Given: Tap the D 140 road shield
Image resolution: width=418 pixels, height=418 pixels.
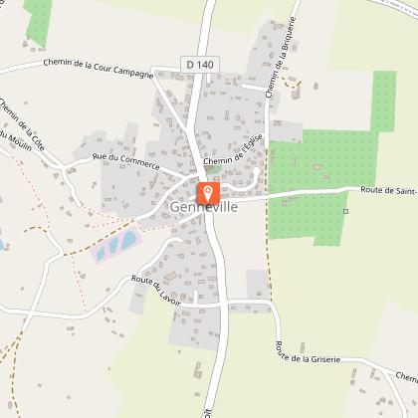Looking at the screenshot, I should (197, 64).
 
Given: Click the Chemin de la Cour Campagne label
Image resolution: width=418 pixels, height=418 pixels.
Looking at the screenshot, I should (98, 68).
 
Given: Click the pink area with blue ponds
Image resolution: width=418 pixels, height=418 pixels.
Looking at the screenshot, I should (117, 243).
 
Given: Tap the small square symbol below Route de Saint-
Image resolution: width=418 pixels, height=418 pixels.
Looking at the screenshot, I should (345, 211).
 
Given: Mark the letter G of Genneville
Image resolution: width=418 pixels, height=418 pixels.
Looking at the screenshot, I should (176, 207).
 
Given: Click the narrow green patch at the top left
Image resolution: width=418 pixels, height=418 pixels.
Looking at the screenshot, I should (38, 20).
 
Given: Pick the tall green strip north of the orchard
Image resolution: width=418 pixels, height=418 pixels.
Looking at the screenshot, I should (383, 100).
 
